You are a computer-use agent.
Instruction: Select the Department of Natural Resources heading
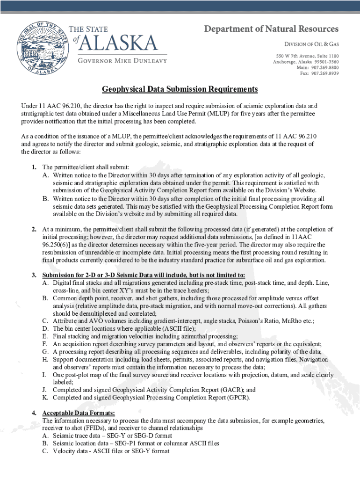click(271, 29)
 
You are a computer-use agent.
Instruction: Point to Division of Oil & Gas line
click(312, 44)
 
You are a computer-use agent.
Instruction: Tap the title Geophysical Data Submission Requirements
click(180, 89)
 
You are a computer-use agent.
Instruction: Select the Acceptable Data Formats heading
click(79, 413)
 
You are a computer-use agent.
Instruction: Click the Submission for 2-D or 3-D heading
click(144, 275)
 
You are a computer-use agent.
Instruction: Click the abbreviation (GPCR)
click(239, 398)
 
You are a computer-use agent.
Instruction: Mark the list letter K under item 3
click(45, 398)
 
